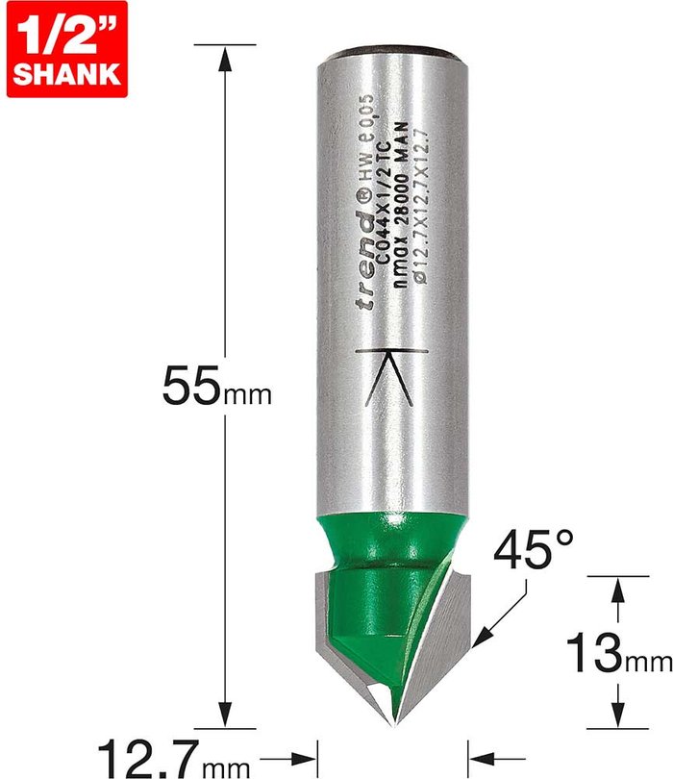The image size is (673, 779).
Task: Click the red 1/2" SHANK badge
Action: pyautogui.click(x=67, y=49)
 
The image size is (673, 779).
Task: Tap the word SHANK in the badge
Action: pyautogui.click(x=67, y=74)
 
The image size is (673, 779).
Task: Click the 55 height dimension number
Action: pyautogui.click(x=190, y=386)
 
